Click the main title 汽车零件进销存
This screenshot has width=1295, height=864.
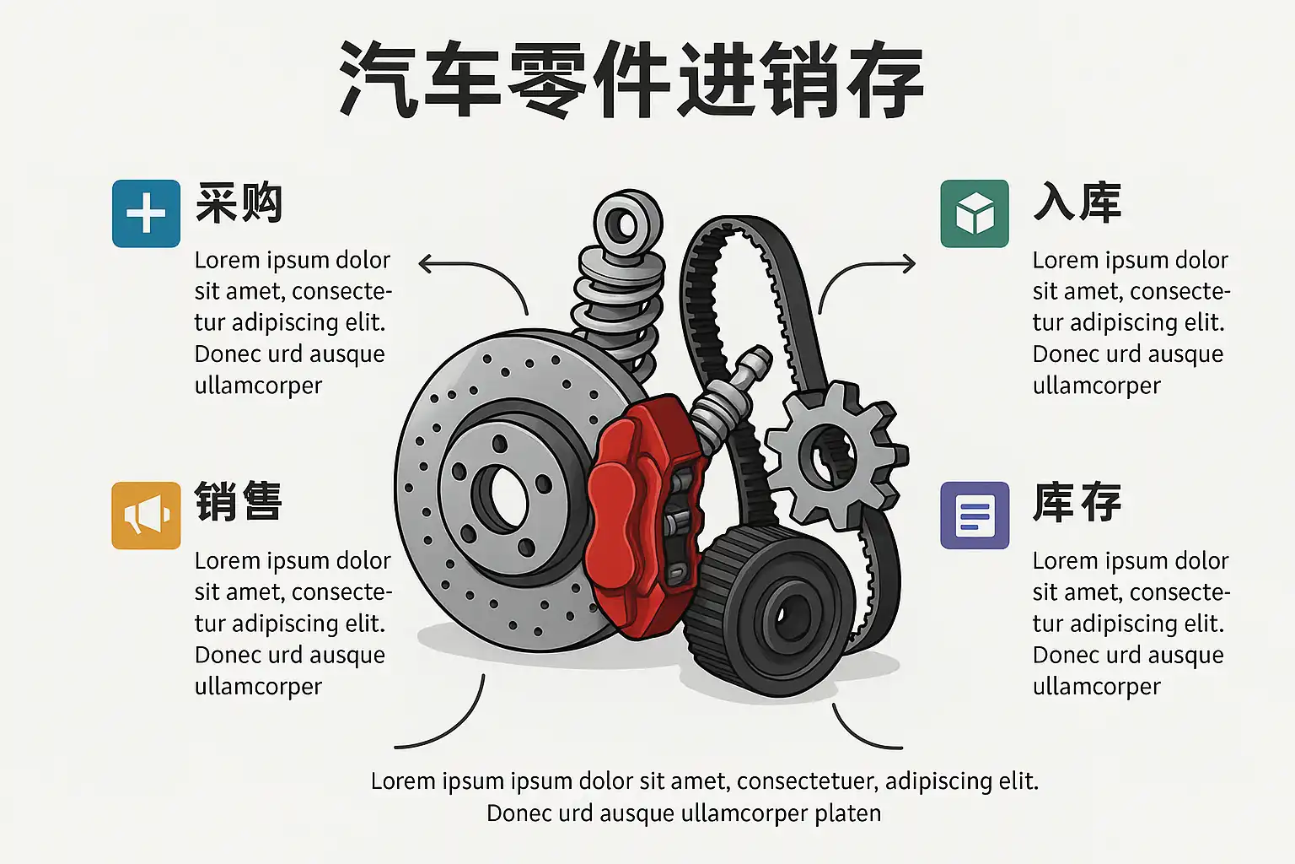click(x=631, y=79)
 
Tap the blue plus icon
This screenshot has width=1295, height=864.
click(x=146, y=213)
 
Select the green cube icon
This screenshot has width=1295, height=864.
click(x=975, y=213)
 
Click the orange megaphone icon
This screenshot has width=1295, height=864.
click(x=146, y=515)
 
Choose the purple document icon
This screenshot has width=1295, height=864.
click(x=975, y=515)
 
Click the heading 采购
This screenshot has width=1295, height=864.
click(x=239, y=202)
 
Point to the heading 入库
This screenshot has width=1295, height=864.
click(x=1077, y=202)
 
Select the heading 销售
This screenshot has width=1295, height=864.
click(x=239, y=501)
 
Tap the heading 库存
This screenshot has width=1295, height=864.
click(x=1077, y=501)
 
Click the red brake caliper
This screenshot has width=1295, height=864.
click(x=642, y=515)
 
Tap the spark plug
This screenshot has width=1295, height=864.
click(x=729, y=399)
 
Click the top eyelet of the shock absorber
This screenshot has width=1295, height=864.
click(x=627, y=224)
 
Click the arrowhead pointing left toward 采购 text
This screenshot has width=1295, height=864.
click(x=425, y=264)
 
